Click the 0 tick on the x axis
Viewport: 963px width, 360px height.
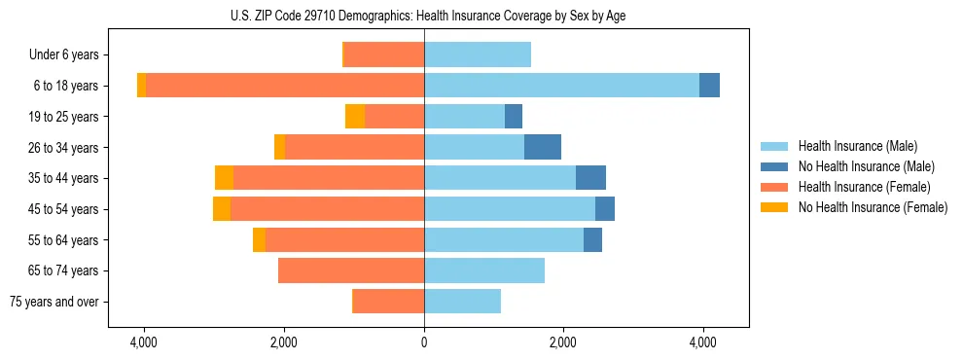[424, 343]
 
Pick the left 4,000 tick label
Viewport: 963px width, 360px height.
[144, 343]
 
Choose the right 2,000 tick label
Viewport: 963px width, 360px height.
[563, 343]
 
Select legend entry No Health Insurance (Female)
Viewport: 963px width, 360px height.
[873, 207]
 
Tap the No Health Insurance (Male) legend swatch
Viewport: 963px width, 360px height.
[776, 166]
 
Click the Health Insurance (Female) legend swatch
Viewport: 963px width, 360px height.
[776, 187]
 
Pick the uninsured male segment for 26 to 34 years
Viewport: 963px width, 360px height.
[543, 147]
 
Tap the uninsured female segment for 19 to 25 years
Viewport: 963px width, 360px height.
[355, 117]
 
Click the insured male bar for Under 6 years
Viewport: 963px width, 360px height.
[478, 55]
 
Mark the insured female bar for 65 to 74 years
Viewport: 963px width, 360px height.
[351, 270]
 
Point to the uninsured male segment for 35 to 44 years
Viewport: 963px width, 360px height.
[590, 178]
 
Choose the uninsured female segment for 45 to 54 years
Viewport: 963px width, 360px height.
[222, 209]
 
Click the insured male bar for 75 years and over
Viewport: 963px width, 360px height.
[462, 302]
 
